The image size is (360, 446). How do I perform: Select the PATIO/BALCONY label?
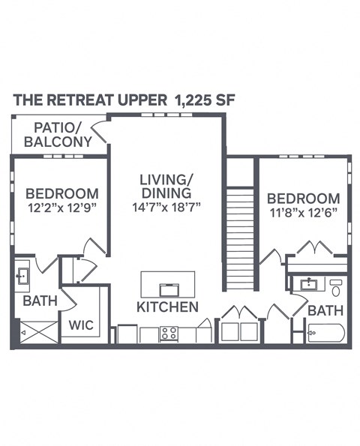(x=58, y=134)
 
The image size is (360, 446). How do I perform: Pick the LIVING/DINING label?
(x=166, y=187)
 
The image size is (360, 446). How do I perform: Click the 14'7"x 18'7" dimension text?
(x=166, y=205)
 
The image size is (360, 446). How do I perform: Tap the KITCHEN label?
(x=167, y=307)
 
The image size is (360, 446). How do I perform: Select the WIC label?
(x=80, y=326)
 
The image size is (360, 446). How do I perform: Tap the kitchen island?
(x=167, y=284)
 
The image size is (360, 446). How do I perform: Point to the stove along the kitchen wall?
(x=168, y=334)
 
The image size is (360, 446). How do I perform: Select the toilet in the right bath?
(x=336, y=286)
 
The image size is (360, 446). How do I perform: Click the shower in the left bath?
(x=34, y=332)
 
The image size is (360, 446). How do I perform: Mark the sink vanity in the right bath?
(x=308, y=285)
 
